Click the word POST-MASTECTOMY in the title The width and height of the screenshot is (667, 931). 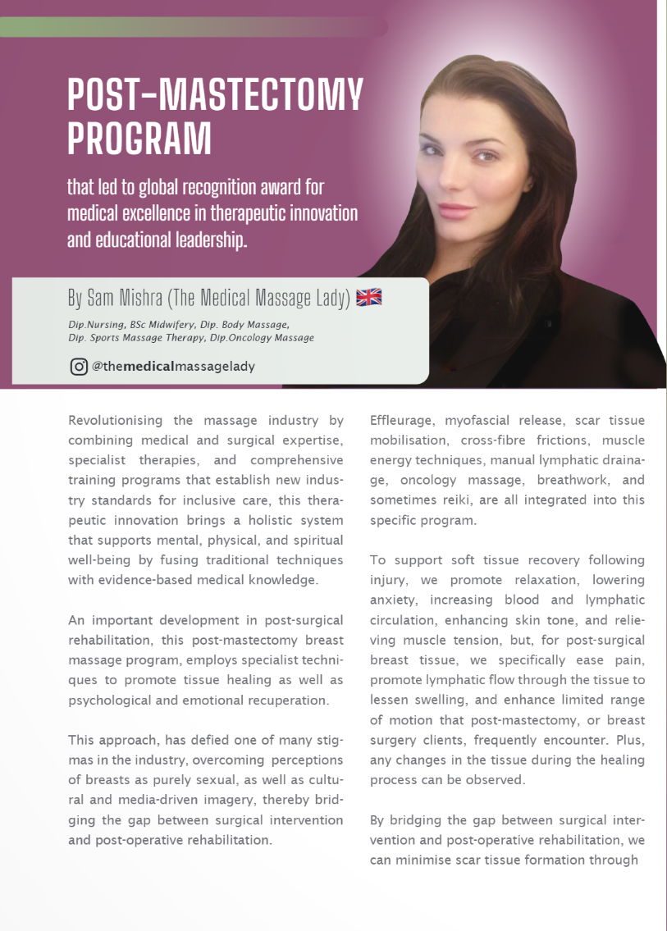pos(215,96)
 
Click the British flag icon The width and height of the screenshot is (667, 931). pos(369,298)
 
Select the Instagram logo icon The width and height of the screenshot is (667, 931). pos(79,367)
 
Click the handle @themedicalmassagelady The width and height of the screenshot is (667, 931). pos(173,367)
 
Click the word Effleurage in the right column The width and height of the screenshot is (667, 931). pos(403,421)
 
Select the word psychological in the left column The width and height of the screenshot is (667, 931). pos(109,700)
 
